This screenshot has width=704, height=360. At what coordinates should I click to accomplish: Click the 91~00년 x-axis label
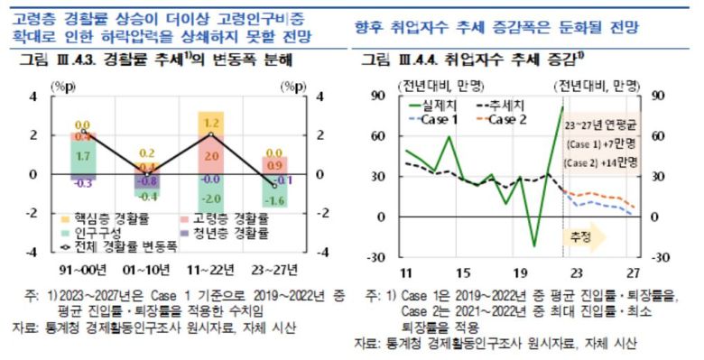[83, 268]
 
